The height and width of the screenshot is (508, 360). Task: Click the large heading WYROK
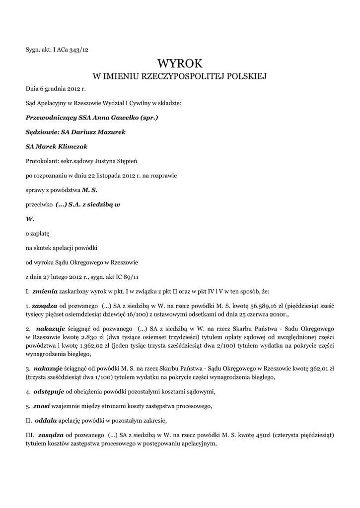point(180,63)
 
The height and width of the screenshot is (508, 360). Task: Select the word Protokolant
point(41,161)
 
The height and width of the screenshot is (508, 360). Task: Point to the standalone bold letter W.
point(30,218)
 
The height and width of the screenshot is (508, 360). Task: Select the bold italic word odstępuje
point(49,392)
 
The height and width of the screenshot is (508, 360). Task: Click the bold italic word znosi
point(42,406)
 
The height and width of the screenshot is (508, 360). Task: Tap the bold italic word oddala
point(46,421)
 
